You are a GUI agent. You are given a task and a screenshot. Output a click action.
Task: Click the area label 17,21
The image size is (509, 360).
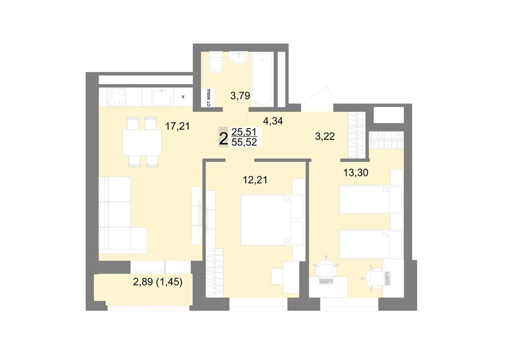(x=177, y=126)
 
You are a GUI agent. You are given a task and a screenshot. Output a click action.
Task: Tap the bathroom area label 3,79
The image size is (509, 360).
(x=240, y=96)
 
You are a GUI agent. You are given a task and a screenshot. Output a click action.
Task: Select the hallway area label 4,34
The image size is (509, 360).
(x=273, y=121)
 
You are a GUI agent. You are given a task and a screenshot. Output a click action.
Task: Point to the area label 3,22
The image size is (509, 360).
(x=325, y=136)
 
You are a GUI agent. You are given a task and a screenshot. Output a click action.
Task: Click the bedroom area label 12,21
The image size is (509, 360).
(x=255, y=180)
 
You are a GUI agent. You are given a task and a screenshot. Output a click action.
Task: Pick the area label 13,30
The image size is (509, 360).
(x=356, y=173)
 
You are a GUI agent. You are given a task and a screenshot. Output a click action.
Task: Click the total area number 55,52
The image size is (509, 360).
(x=244, y=142)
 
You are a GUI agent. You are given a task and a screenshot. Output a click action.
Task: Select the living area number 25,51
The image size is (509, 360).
(x=244, y=132)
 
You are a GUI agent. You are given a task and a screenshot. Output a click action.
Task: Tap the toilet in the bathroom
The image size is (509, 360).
(x=216, y=63)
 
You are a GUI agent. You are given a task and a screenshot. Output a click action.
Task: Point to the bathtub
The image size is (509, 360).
(x=262, y=79)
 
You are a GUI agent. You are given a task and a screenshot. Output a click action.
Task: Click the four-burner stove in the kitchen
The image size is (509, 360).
(x=117, y=97)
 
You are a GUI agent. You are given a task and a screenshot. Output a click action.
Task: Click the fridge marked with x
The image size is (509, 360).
(x=183, y=97)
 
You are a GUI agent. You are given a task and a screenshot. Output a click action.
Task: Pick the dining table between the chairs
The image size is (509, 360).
(x=142, y=142)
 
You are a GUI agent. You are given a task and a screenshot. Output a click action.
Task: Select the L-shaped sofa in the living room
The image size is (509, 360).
(x=121, y=215)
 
